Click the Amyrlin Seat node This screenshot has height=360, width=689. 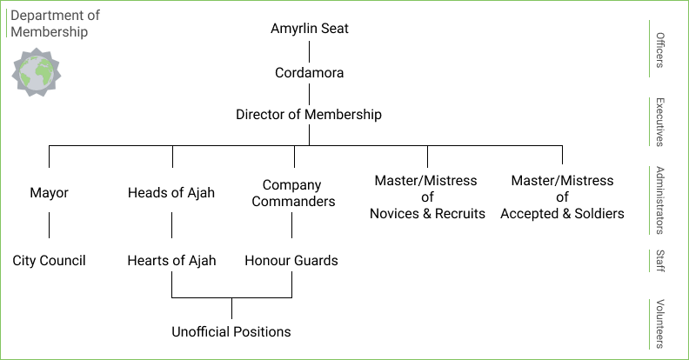(309, 29)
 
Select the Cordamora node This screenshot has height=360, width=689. (309, 73)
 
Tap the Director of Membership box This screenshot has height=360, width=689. (309, 114)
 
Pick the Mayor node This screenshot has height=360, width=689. (49, 192)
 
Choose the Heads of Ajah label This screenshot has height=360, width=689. (171, 192)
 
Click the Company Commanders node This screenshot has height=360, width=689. (292, 193)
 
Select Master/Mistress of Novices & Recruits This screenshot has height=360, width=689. (427, 197)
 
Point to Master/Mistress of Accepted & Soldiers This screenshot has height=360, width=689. (562, 197)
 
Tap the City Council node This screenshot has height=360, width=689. (49, 260)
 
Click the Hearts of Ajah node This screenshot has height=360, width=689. (171, 260)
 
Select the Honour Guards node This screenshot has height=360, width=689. (291, 260)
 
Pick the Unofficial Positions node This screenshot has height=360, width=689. (231, 331)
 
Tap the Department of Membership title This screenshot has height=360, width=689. (55, 23)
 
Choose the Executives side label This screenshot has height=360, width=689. (660, 121)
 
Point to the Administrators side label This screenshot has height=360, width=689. (660, 200)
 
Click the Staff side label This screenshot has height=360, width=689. (660, 261)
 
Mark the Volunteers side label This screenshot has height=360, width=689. (660, 323)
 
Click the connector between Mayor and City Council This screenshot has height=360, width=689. (49, 226)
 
